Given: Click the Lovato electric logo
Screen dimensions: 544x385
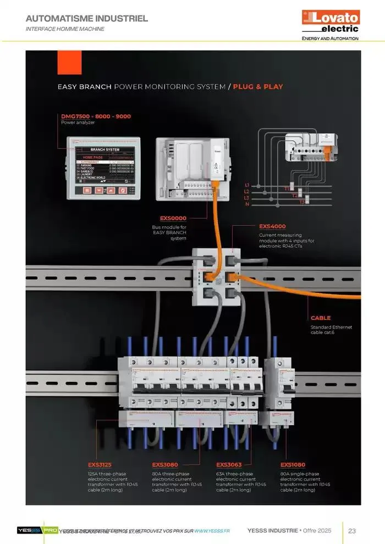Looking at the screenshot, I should pos(331,22).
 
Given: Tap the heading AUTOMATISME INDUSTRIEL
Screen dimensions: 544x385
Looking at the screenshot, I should pos(87,19).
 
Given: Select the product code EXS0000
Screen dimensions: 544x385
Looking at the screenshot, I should pos(173,218).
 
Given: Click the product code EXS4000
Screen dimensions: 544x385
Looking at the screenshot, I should pos(272,226).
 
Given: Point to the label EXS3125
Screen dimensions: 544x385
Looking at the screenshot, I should pos(100,465).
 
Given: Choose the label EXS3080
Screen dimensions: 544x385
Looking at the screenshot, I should pos(165,465).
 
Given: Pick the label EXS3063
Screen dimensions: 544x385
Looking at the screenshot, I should pos(229,465).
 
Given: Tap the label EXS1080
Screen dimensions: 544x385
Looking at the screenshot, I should pos(293,465).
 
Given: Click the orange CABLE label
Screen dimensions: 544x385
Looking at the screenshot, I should pos(321,318).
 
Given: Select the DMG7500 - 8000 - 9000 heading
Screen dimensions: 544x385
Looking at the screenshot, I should pos(96,116).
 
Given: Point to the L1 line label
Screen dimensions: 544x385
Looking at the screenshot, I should pos(247,185).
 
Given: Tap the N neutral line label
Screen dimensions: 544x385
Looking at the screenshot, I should pos(247,204).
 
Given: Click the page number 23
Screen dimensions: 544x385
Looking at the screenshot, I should pos(352,530).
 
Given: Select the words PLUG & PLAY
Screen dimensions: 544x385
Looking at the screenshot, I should pos(258,87).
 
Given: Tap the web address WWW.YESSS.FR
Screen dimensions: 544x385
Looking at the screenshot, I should pos(212,531).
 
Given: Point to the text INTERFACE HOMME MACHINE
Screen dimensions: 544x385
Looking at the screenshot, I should pos(65,29).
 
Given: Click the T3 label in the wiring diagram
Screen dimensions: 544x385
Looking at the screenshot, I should pos(302,202).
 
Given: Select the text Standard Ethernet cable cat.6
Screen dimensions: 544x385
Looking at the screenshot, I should pos(331,330).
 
